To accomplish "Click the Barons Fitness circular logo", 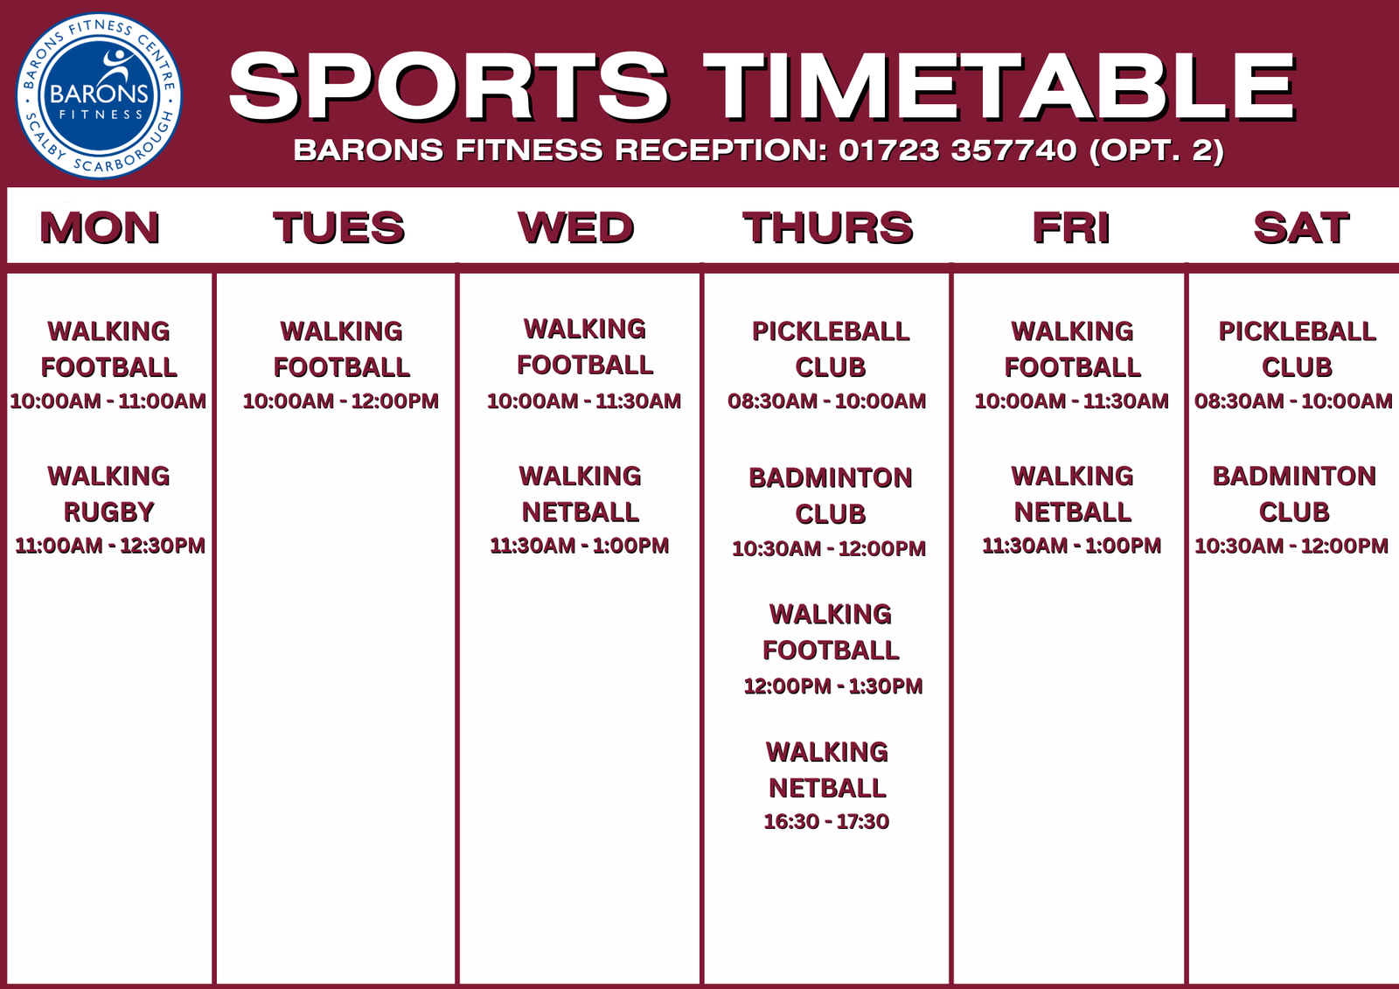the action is click(x=99, y=95).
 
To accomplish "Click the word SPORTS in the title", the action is click(x=449, y=87).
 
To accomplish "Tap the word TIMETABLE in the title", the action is click(x=999, y=87).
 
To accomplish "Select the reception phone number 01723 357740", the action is click(x=957, y=150).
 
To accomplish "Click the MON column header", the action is click(x=100, y=227).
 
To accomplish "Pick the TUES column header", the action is click(x=339, y=227).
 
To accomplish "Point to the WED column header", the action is click(x=576, y=227).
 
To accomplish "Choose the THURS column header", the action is click(x=828, y=227).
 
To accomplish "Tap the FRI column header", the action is click(x=1071, y=227).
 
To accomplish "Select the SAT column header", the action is click(x=1302, y=227).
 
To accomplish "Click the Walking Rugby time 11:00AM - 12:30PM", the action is click(x=110, y=546).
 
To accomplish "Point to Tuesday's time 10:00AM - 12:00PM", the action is click(x=341, y=401).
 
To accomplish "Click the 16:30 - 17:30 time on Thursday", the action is click(x=826, y=822).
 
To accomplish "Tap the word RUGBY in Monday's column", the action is click(x=109, y=512).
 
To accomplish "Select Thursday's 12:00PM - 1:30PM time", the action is click(x=833, y=686).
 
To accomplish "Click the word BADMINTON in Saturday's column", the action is click(x=1294, y=476).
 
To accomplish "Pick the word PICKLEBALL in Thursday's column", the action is click(x=831, y=331).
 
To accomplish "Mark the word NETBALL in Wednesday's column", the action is click(x=581, y=512).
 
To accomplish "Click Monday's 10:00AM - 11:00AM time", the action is click(x=108, y=401).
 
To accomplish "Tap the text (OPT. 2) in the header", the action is click(x=1157, y=150).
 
